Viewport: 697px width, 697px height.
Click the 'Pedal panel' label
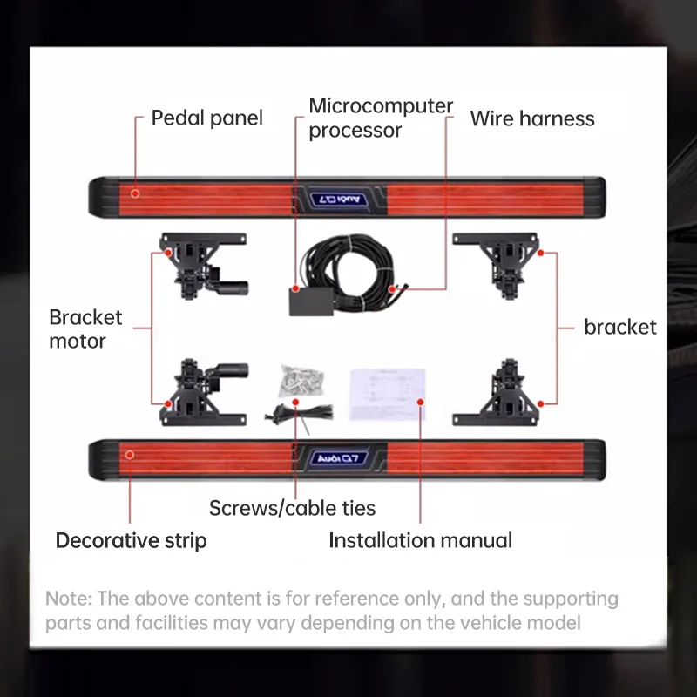click(x=207, y=118)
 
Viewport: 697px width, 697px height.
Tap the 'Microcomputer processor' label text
click(x=381, y=118)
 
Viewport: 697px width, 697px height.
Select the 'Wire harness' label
click(x=532, y=118)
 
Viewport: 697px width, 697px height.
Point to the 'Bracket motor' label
click(x=85, y=329)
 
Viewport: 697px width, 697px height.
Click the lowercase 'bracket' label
click(x=620, y=328)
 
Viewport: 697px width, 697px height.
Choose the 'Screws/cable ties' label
click(x=292, y=508)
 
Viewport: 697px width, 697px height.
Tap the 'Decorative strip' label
click(x=132, y=541)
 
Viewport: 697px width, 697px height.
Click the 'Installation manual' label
click(x=420, y=541)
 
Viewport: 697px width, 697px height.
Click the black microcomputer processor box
click(x=311, y=301)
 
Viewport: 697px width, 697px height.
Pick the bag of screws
click(x=301, y=381)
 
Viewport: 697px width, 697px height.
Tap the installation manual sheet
click(x=387, y=395)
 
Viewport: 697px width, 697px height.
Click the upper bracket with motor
click(x=203, y=266)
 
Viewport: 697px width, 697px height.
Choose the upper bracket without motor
click(x=497, y=266)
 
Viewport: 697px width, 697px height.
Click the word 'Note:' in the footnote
click(x=69, y=599)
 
